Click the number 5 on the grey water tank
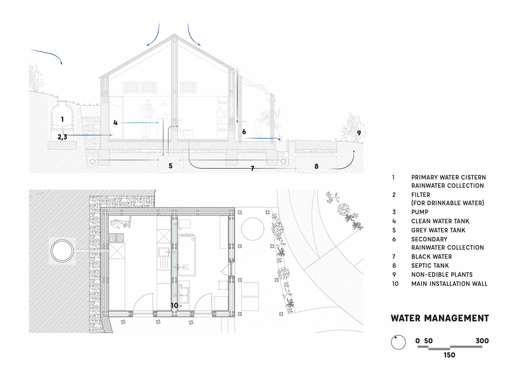click(x=170, y=166)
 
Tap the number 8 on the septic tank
click(x=316, y=166)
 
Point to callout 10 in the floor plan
click(x=174, y=305)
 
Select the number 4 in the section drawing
click(x=115, y=123)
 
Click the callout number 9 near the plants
click(x=359, y=133)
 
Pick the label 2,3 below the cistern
click(x=62, y=137)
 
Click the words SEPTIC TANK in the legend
click(x=430, y=266)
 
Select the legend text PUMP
click(x=420, y=212)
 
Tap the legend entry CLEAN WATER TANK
click(x=440, y=221)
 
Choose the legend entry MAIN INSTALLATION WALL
click(x=449, y=284)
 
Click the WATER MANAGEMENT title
click(x=440, y=318)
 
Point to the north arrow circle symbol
click(x=398, y=342)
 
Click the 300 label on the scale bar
click(x=482, y=341)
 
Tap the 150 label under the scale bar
click(x=449, y=355)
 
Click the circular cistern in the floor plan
click(x=62, y=251)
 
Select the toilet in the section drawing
click(x=188, y=133)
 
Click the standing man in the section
click(x=147, y=119)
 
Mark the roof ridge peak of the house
click(x=174, y=35)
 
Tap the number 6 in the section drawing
click(x=244, y=132)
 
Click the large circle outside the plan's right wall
click(x=253, y=229)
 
